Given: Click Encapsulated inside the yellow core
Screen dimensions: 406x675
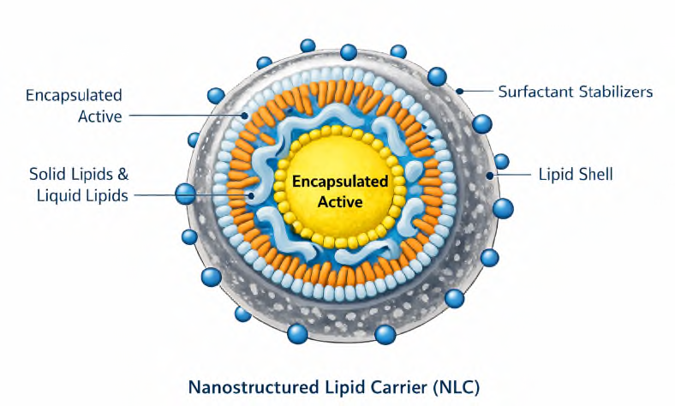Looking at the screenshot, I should point(340,182).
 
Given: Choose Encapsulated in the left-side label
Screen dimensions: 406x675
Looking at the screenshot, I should point(74,95).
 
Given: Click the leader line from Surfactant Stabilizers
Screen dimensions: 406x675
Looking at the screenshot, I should point(480,91).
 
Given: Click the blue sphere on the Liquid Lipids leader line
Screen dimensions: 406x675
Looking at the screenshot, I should point(186,194).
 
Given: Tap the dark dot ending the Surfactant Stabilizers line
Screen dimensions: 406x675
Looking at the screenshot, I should point(460,90).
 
